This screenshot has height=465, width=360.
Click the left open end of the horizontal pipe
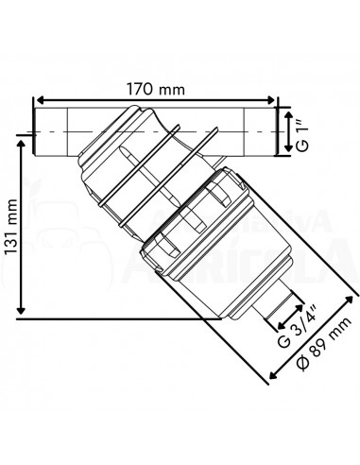pos(35,132)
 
